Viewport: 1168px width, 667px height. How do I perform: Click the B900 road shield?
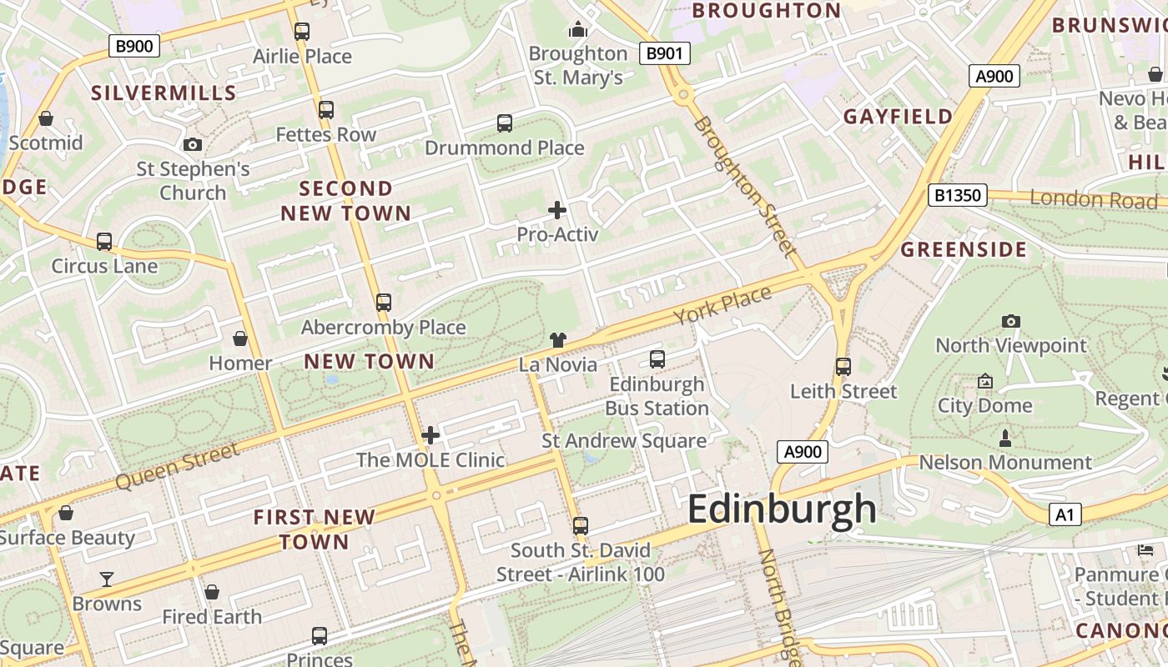(133, 46)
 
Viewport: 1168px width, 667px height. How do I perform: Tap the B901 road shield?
(665, 54)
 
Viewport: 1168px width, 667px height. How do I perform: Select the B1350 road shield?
(957, 196)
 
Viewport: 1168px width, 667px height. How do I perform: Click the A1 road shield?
(1065, 514)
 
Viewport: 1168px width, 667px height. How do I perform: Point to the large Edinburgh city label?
(782, 509)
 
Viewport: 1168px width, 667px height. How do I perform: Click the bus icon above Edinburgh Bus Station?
(657, 359)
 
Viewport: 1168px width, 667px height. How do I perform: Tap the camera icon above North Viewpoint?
(1010, 321)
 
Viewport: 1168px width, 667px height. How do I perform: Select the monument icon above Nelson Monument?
(1004, 438)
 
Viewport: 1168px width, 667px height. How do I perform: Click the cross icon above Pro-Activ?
(557, 210)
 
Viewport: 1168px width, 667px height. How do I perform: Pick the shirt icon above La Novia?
(558, 340)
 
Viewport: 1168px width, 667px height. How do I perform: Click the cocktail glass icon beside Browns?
(107, 579)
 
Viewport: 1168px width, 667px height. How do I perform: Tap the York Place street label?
(722, 305)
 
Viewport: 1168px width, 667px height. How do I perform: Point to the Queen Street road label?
(177, 467)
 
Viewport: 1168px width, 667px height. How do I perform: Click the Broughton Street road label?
(742, 186)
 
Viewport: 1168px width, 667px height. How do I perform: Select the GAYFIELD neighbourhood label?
(898, 117)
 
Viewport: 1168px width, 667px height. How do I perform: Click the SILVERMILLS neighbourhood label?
(164, 93)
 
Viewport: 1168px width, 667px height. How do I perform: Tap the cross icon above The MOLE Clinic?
(430, 435)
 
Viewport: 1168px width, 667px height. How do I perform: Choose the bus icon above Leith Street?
(843, 366)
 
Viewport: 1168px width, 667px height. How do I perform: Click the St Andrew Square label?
(624, 441)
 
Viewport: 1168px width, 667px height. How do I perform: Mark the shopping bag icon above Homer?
(240, 339)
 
